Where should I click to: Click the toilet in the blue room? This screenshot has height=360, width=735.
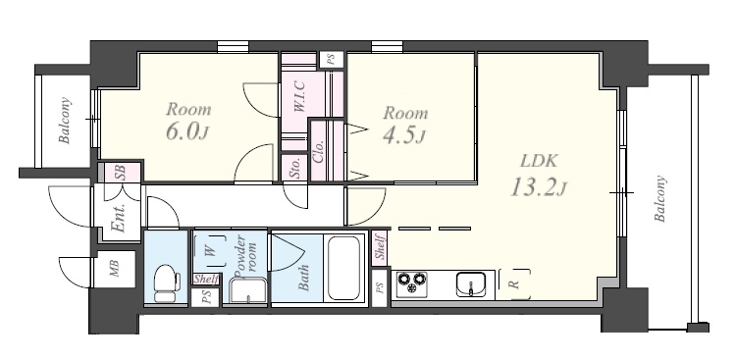point(167,283)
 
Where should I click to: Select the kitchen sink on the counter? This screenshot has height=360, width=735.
point(472,284)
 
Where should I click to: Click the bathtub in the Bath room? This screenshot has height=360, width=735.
point(344,268)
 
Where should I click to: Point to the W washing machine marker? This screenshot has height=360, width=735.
point(211,251)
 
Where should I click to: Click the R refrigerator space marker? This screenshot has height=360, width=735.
point(514,283)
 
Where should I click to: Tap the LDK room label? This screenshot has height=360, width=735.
point(539,161)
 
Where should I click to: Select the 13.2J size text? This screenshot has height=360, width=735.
point(538,187)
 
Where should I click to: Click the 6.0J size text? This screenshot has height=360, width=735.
point(186,131)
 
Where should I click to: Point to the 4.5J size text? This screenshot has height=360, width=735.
point(403,135)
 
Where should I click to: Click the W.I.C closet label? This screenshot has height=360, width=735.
point(299,96)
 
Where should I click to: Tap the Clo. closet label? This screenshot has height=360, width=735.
point(318,151)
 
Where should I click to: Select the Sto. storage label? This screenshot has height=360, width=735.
point(294,168)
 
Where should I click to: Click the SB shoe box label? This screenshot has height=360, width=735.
point(120,173)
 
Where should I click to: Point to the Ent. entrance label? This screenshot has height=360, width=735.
point(119,218)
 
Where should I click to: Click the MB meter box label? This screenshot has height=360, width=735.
point(115,269)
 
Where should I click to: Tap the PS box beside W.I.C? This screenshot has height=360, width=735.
point(331,60)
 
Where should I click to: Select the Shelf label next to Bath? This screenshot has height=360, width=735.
point(380,247)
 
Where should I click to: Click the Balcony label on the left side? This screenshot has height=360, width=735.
point(65,120)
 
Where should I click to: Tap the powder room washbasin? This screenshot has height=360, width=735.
point(248,290)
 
